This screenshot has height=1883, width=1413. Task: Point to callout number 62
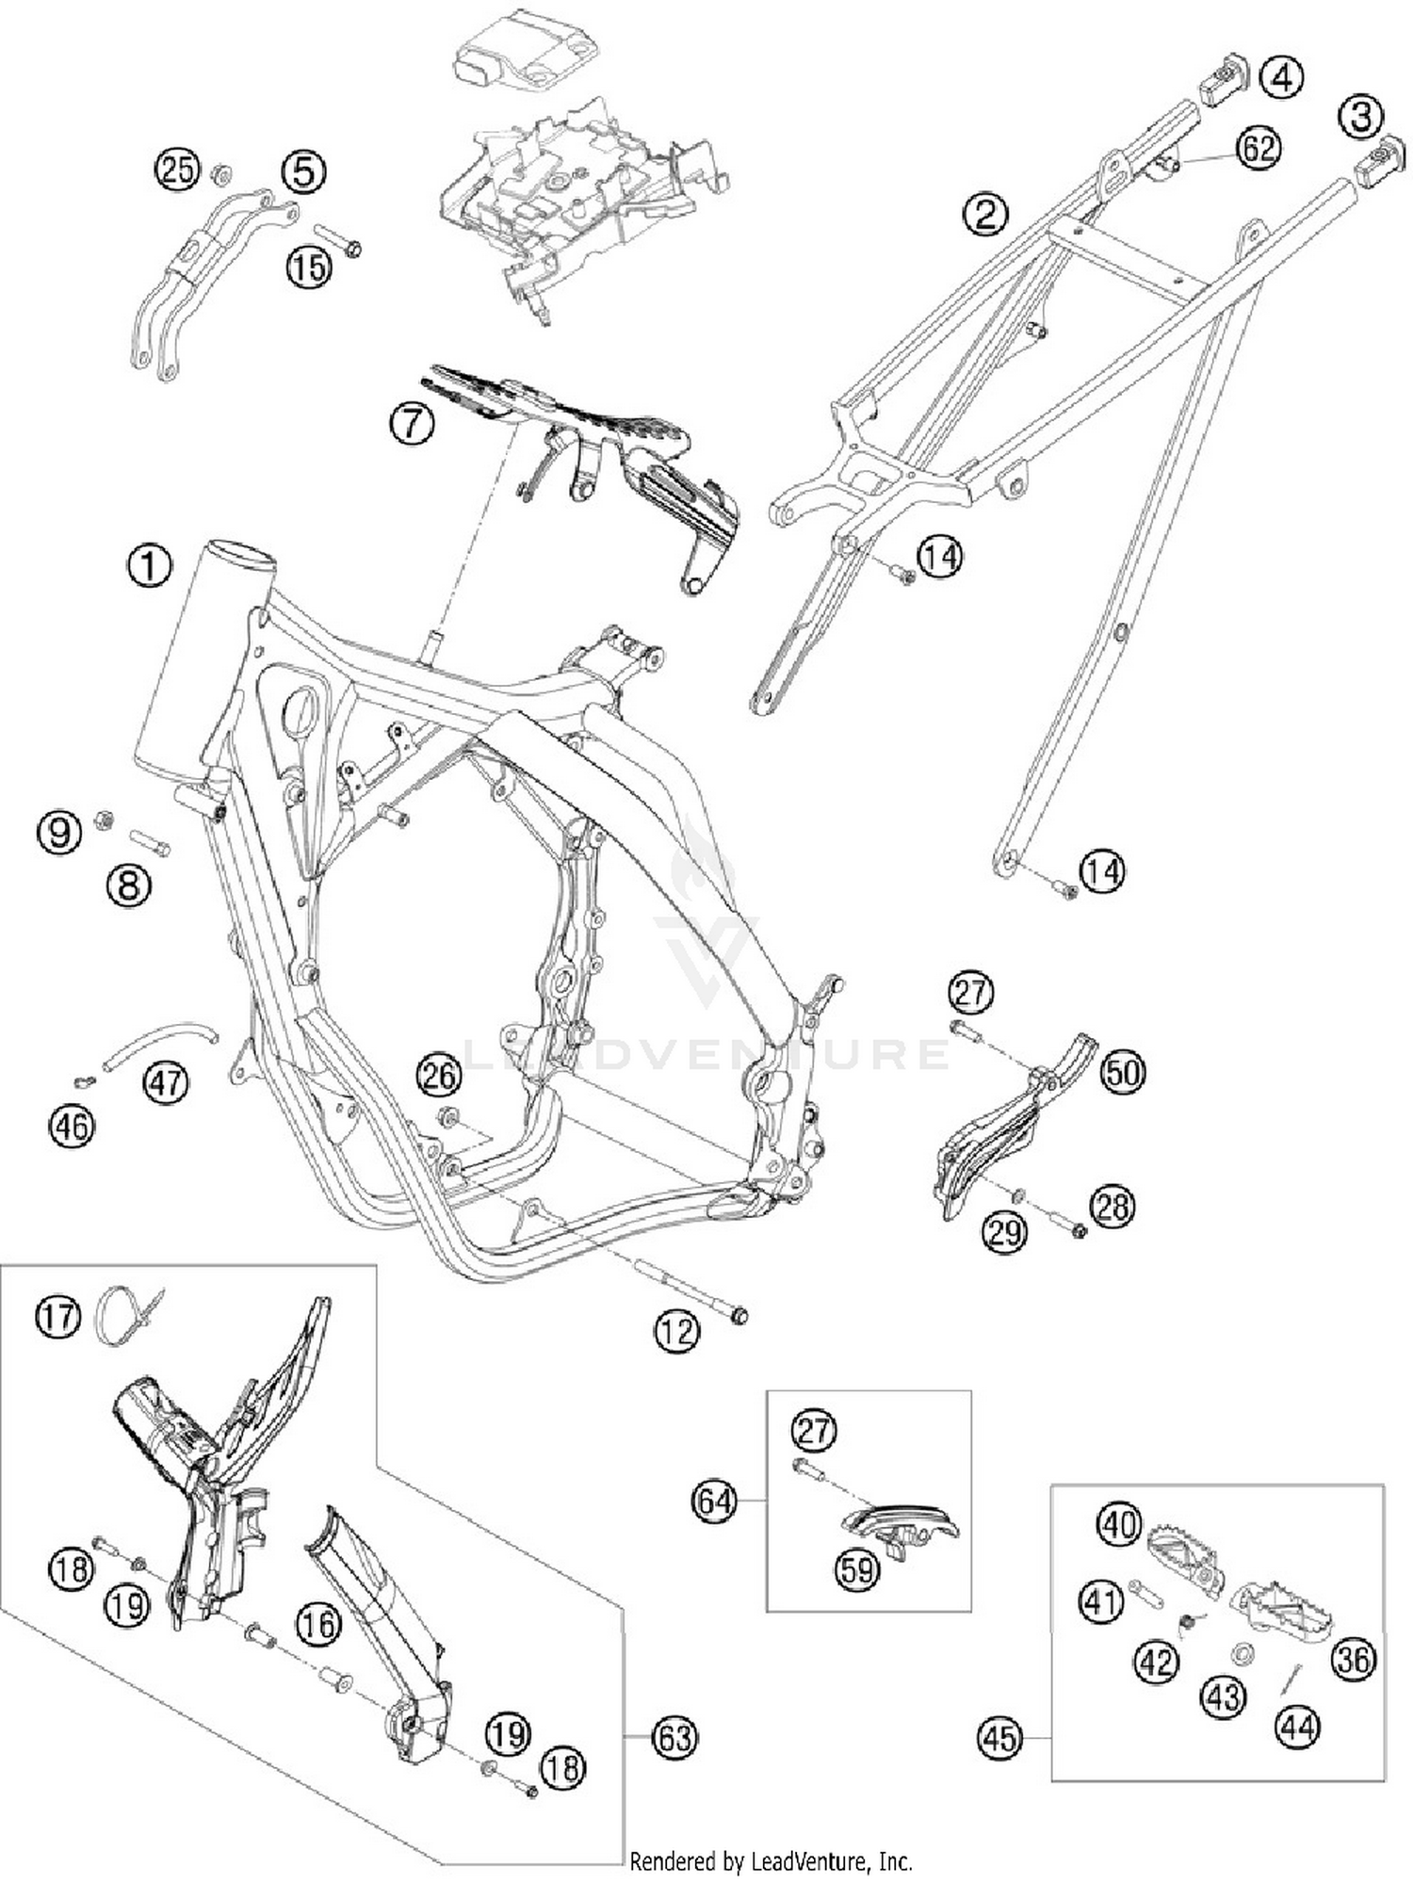click(1259, 149)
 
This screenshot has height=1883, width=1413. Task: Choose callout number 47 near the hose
click(166, 1081)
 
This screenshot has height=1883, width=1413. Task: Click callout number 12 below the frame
click(676, 1331)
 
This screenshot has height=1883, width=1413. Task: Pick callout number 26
click(438, 1076)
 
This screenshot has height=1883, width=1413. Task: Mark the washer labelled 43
click(1241, 1651)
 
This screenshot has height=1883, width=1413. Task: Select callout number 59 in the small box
click(856, 1569)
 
